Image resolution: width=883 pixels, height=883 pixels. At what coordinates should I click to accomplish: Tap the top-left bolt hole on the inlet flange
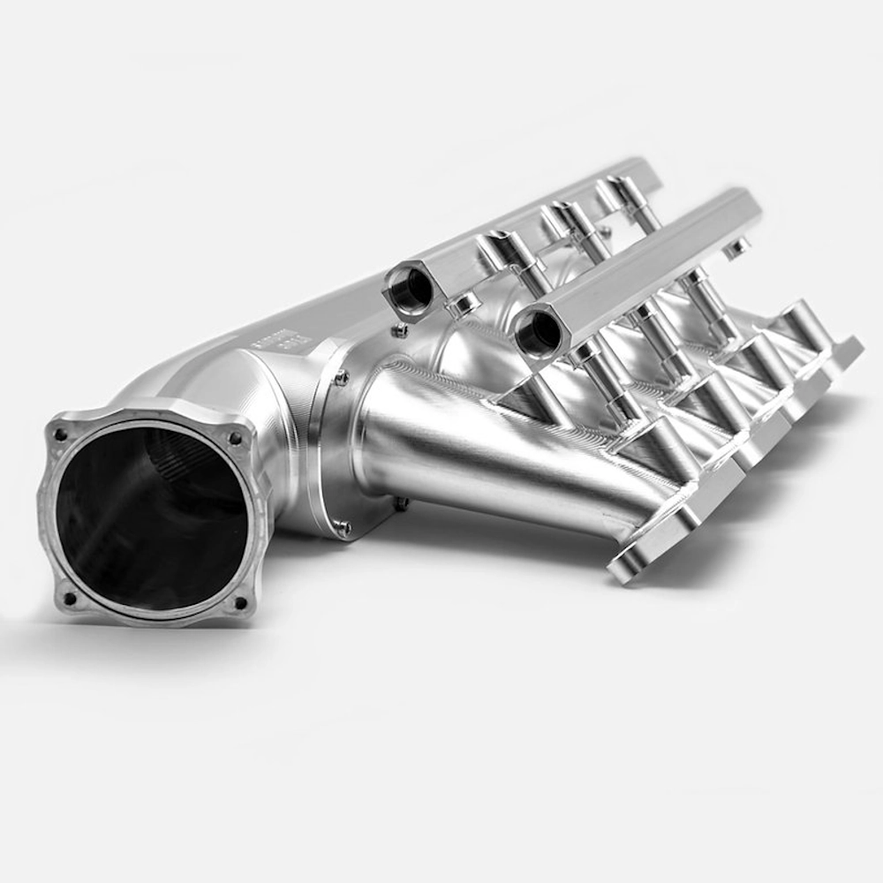pos(60,434)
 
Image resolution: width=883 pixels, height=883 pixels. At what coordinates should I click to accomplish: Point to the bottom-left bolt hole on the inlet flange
pos(70,598)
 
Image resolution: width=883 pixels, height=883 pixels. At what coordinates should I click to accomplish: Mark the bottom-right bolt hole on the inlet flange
pos(238,604)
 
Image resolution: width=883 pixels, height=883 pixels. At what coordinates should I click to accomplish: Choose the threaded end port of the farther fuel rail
pos(408,291)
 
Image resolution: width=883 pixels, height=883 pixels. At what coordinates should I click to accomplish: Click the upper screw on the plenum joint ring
pos(340,378)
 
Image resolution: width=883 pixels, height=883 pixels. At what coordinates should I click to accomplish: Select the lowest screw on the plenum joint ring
pos(342,528)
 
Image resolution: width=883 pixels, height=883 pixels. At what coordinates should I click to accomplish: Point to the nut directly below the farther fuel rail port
pos(400,331)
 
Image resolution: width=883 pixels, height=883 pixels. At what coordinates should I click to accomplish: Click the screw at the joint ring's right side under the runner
pos(401,503)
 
